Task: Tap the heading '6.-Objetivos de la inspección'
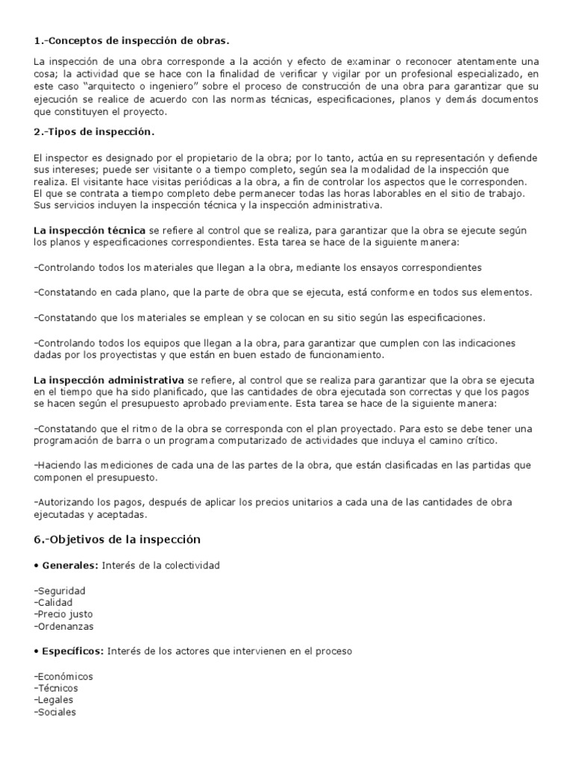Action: click(117, 539)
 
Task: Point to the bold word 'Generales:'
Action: click(67, 566)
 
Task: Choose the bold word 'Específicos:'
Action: click(71, 651)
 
